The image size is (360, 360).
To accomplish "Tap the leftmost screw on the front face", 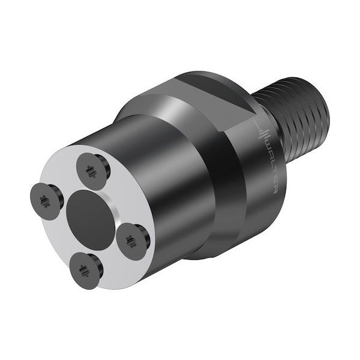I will (46, 197).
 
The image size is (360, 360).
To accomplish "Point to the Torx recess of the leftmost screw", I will (44, 198).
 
